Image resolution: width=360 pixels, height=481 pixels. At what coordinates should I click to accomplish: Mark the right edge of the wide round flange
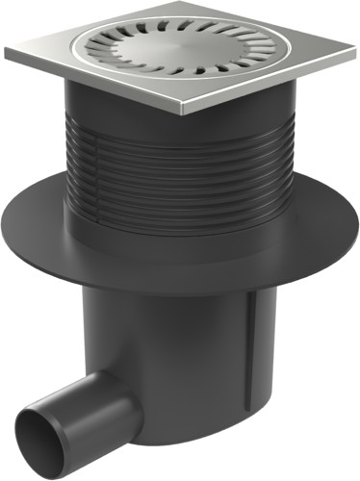(x=339, y=231)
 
